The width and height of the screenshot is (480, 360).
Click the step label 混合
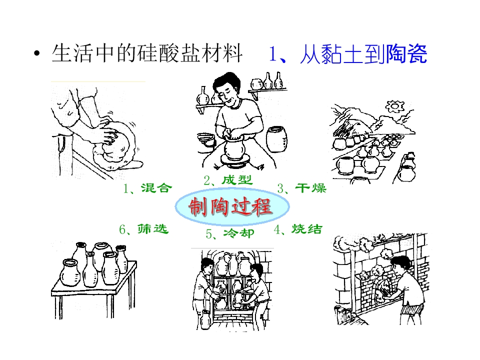click(156, 188)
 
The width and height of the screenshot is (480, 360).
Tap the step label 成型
click(237, 180)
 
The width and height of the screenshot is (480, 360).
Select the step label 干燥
click(311, 188)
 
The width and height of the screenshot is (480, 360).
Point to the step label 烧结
click(306, 229)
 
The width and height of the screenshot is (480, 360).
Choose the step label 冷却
click(239, 233)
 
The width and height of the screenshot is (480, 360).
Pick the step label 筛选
click(153, 228)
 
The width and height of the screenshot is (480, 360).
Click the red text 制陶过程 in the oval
click(230, 206)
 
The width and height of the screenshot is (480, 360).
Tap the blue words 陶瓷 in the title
click(406, 54)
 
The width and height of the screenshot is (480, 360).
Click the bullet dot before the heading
click(37, 54)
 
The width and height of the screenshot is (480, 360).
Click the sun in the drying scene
click(394, 106)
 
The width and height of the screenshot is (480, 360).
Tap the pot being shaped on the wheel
click(235, 148)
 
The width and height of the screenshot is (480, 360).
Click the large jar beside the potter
click(276, 139)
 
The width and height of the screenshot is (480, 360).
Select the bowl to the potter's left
click(206, 138)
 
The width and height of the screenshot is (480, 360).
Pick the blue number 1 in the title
click(272, 54)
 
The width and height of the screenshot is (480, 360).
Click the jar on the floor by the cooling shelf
click(205, 319)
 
